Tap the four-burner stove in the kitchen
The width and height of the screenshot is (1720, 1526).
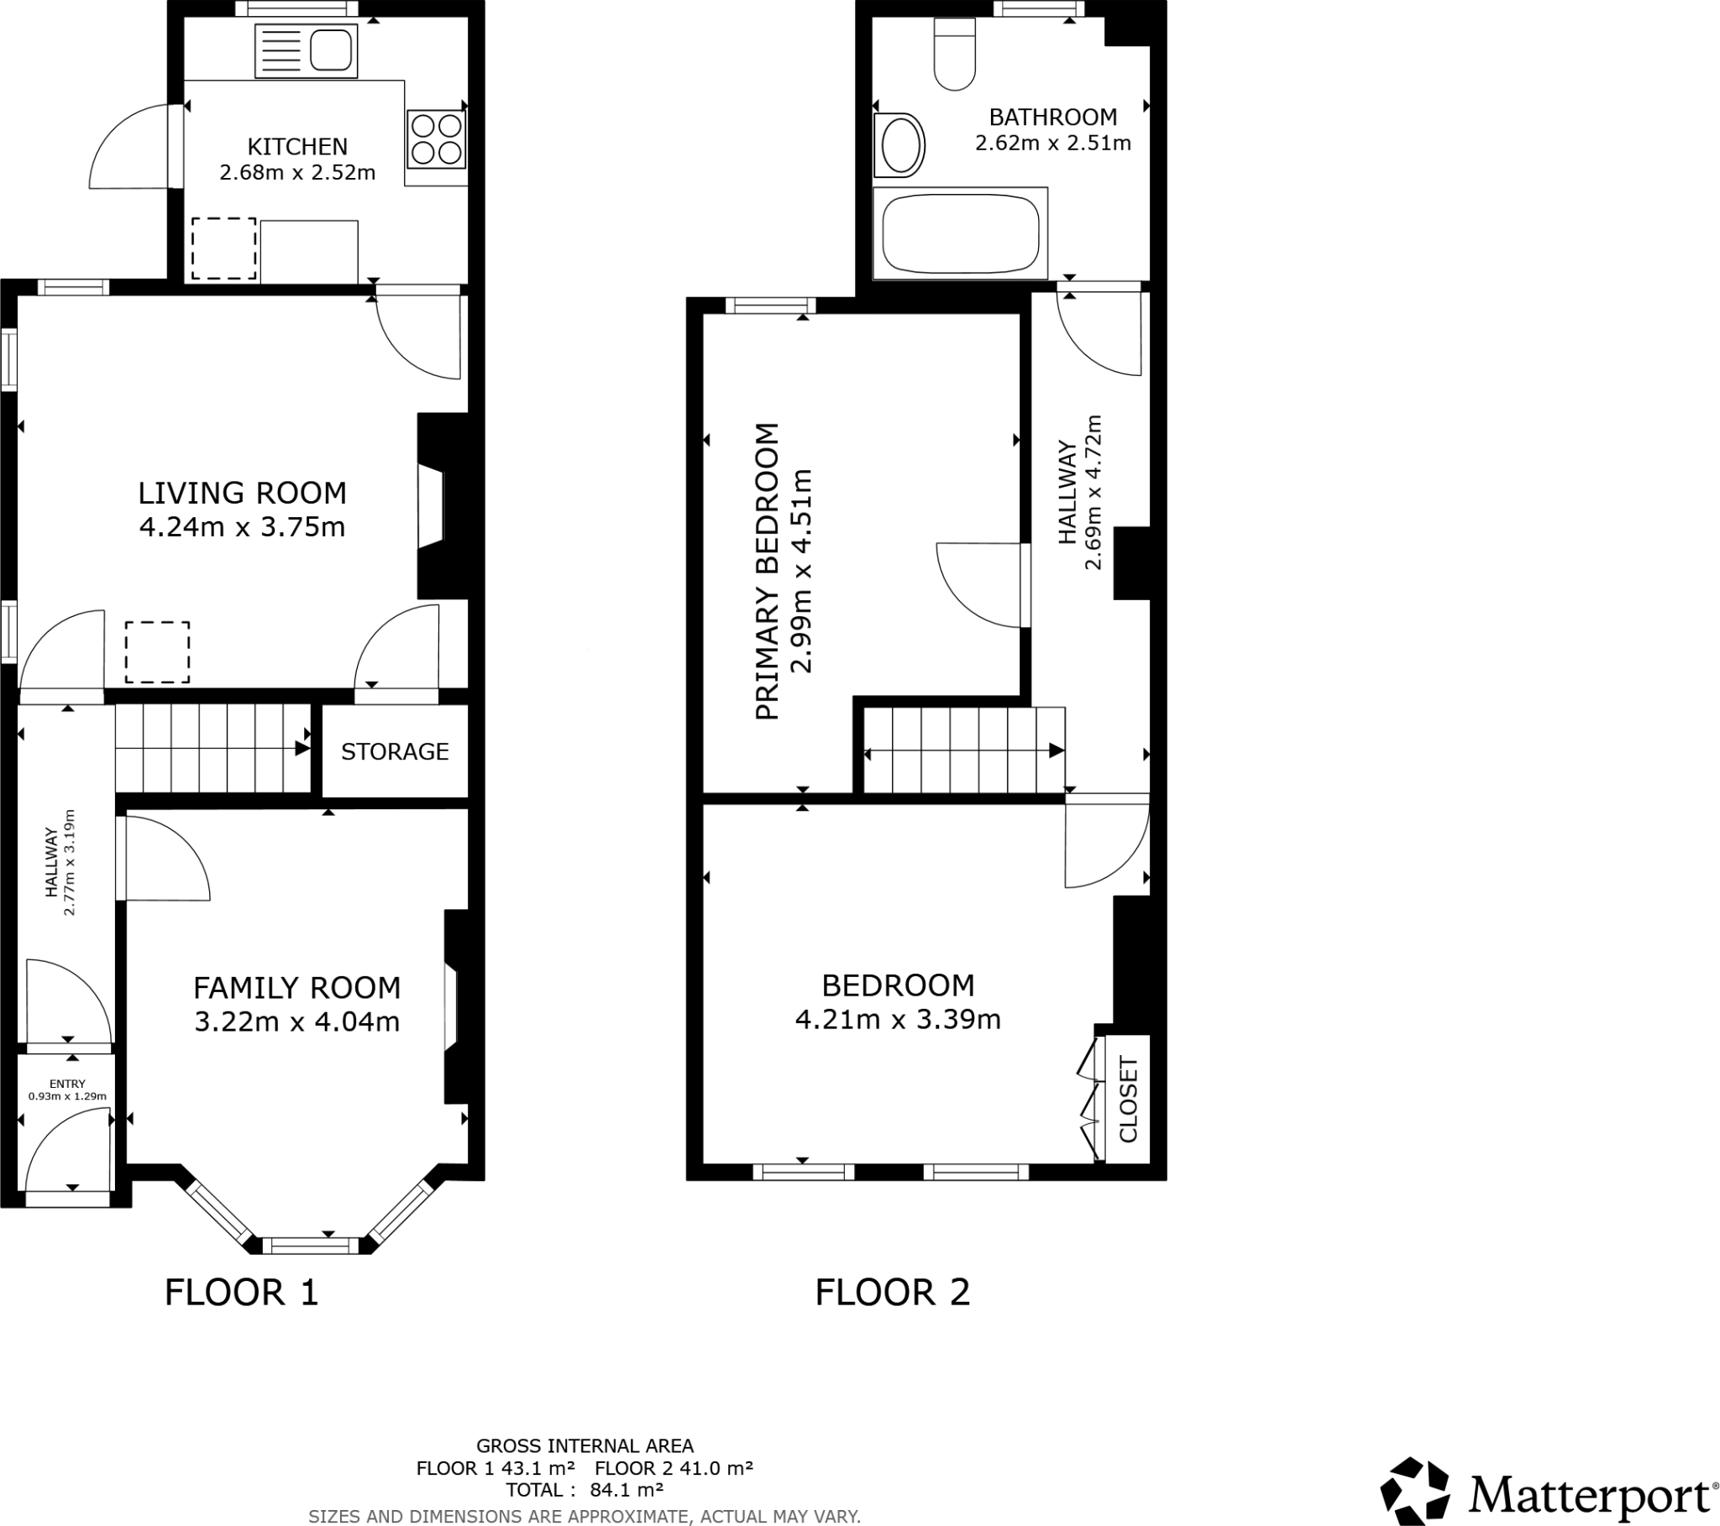[437, 138]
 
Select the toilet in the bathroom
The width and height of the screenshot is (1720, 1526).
[954, 55]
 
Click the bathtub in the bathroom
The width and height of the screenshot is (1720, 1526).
[960, 233]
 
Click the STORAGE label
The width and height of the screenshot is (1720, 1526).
[395, 751]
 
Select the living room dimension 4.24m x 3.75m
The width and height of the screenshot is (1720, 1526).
[243, 527]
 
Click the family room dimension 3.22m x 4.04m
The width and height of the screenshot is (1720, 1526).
[297, 1022]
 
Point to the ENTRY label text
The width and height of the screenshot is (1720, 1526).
[67, 1084]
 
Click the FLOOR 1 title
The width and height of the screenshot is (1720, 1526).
[242, 1292]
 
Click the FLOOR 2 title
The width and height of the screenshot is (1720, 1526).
[892, 1292]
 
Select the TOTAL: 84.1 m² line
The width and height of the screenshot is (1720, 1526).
[584, 1490]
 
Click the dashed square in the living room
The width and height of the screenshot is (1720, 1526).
[157, 652]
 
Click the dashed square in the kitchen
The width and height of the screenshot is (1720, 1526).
[224, 248]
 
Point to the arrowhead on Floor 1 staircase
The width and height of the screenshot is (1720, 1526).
[302, 749]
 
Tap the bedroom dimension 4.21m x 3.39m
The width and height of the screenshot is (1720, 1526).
[898, 1020]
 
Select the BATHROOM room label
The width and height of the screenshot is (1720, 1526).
[1052, 117]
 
